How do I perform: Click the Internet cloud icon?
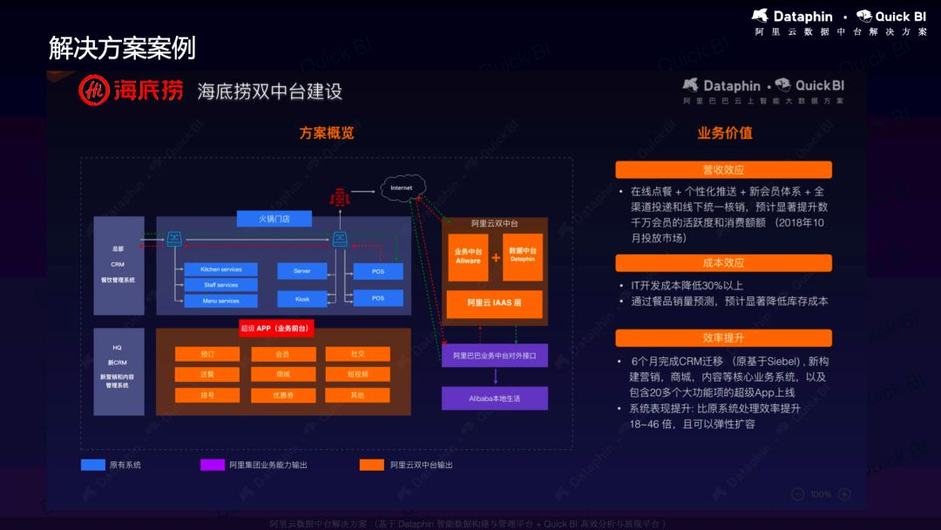(402, 187)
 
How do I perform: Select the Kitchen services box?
(220, 269)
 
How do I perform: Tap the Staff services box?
(220, 285)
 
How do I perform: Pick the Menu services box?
(220, 301)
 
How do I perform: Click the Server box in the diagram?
(301, 271)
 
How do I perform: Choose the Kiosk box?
(301, 298)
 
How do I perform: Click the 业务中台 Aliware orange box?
(468, 256)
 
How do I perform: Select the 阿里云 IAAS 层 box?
(494, 303)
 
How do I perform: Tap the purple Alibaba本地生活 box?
(494, 398)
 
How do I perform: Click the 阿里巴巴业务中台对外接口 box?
(494, 356)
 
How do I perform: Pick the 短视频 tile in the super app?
(358, 374)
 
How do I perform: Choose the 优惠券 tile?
(282, 395)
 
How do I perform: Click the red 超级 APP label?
(276, 328)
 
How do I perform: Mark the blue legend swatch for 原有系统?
(92, 465)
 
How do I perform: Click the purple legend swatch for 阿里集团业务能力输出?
(213, 465)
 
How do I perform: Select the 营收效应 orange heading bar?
(723, 170)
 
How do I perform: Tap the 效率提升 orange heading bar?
(723, 337)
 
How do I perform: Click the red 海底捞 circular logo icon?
(94, 91)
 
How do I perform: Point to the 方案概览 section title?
(327, 133)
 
